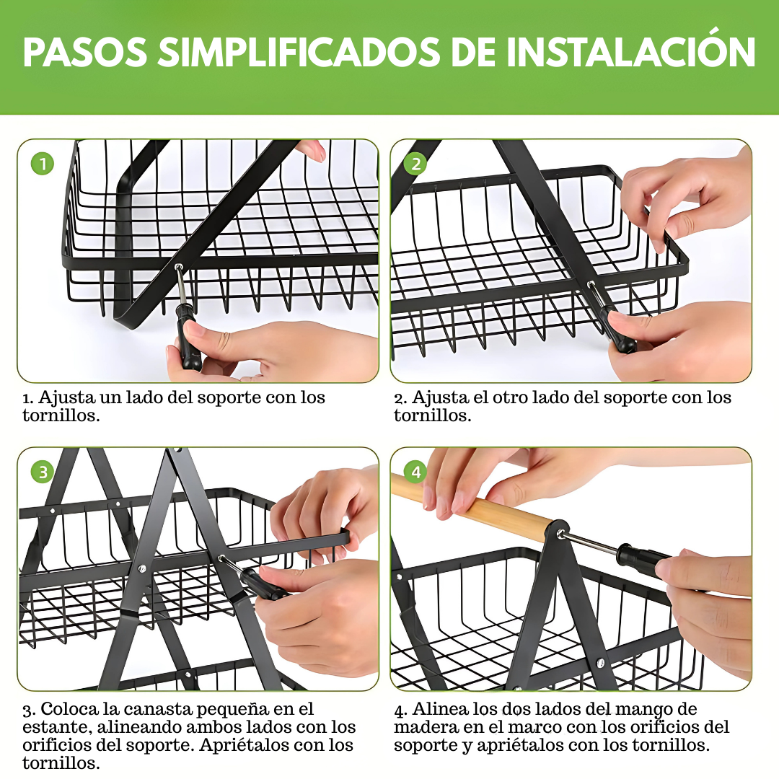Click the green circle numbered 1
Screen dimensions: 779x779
tap(43, 164)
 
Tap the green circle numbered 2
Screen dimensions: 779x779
tap(416, 164)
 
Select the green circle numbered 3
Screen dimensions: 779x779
tap(43, 472)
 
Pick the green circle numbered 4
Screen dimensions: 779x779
tap(416, 472)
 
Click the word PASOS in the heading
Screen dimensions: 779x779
tap(85, 52)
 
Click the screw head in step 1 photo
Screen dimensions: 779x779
tap(178, 268)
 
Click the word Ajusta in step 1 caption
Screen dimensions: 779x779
tap(66, 398)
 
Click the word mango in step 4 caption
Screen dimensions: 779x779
tap(643, 710)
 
